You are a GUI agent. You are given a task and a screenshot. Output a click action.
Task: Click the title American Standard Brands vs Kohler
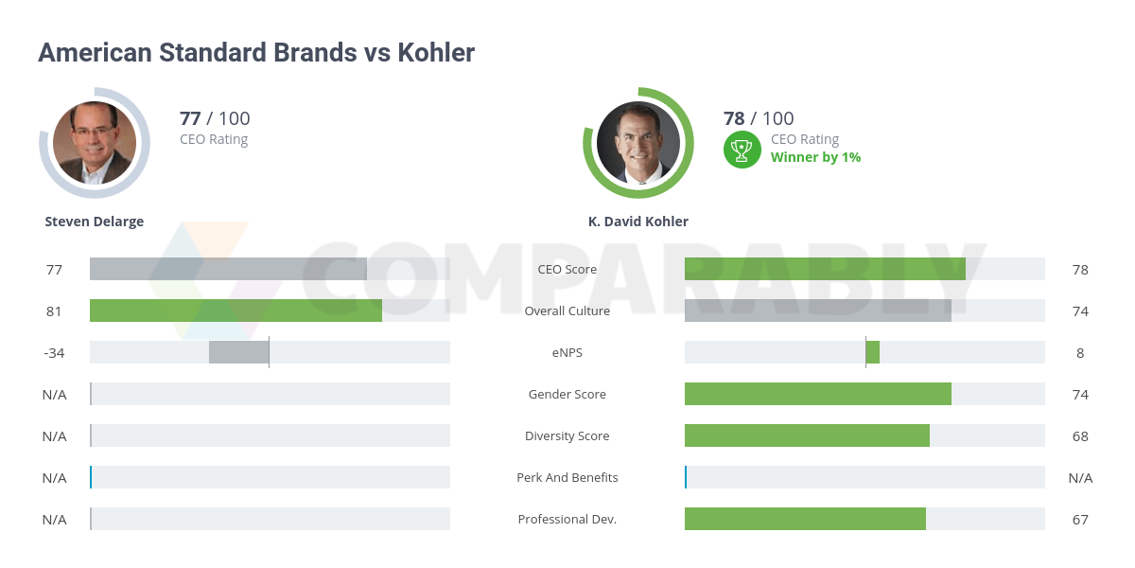pos(256,52)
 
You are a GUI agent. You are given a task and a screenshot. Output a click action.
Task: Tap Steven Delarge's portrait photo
pos(95,143)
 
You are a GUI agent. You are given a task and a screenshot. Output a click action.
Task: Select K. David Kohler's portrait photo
pos(638,143)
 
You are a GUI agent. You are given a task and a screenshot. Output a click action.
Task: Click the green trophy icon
pos(742,150)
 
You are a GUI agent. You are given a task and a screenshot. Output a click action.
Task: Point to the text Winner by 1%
pos(815,157)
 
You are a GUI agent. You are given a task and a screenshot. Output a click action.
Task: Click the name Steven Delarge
pos(95,222)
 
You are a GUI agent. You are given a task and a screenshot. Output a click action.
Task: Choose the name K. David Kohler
pos(638,222)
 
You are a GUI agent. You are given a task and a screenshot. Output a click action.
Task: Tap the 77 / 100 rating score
pos(215,118)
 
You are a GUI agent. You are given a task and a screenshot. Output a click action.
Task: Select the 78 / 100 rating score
pos(759,118)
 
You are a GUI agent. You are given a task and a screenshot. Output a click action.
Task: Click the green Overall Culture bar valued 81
pos(236,311)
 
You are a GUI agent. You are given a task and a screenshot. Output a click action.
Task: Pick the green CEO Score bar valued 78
pos(825,269)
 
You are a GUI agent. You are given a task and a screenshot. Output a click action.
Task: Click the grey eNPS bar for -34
pos(238,352)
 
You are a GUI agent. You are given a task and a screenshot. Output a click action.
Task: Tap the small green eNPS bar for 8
pos(872,352)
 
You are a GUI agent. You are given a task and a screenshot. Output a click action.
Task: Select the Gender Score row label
pos(567,394)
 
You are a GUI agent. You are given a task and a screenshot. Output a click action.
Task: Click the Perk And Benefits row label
pos(567,477)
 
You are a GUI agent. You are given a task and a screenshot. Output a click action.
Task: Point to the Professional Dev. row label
pos(567,519)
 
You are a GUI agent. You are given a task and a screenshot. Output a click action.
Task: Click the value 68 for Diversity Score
pos(1080,435)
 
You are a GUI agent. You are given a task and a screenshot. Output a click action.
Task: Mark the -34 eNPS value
pos(54,352)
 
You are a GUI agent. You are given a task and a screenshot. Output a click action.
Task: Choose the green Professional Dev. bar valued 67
pos(805,519)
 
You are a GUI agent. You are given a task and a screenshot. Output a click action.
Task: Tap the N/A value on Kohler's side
pos(1080,477)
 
